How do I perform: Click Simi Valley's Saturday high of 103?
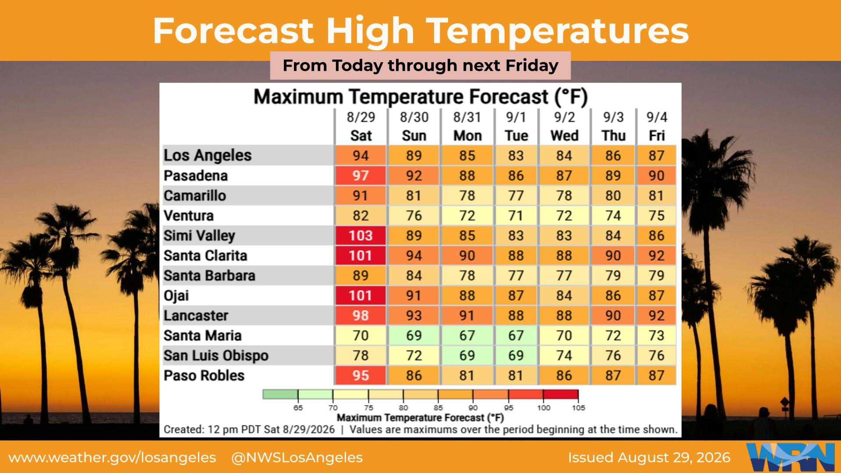coord(360,236)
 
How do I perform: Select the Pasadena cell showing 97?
coord(360,176)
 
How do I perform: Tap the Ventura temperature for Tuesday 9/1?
coord(516,215)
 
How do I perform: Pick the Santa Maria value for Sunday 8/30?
coord(413,335)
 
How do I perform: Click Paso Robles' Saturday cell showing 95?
coord(360,375)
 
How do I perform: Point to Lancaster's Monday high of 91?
coord(467,315)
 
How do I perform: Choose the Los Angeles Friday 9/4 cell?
coord(656,155)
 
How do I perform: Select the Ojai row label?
coord(176,296)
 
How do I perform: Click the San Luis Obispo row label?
coord(216,356)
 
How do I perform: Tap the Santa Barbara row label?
coord(209,275)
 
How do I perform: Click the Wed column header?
coord(564,136)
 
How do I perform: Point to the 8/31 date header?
coord(467,117)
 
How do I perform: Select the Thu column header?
coord(613,136)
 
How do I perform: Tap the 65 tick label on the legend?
coord(298,408)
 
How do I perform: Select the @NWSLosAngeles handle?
coord(297,458)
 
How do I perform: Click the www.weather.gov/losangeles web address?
coord(112,458)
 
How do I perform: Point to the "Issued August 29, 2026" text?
coord(649,458)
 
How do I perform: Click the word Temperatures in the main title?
coord(558,31)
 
